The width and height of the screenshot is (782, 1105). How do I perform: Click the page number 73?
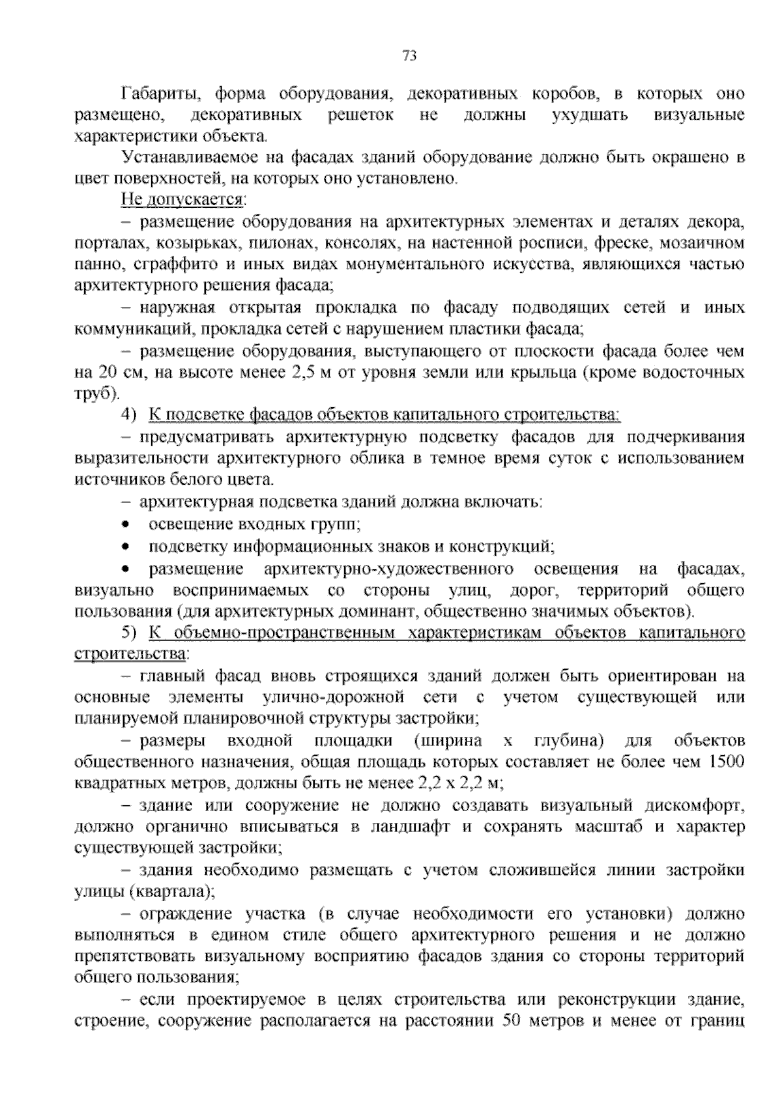(409, 56)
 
